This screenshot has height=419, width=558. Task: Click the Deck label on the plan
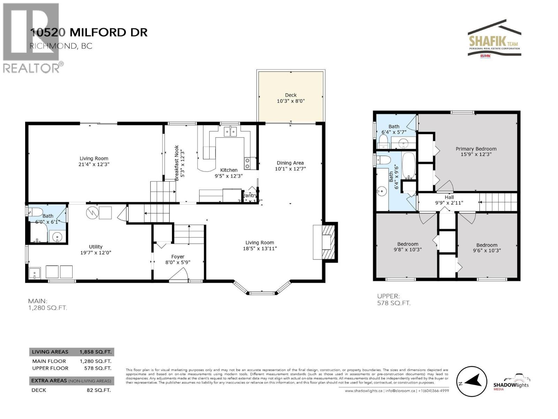click(x=291, y=95)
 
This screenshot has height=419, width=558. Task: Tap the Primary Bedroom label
click(x=476, y=149)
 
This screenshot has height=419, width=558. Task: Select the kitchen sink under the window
click(x=230, y=131)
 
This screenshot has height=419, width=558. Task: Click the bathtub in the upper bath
click(x=408, y=165)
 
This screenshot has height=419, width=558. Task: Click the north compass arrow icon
click(x=472, y=382)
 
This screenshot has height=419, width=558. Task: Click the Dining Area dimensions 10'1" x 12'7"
click(x=290, y=169)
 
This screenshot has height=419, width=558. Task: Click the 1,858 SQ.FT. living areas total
click(x=95, y=352)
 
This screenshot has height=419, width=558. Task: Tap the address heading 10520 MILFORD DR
click(x=89, y=32)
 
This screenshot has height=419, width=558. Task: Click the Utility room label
click(x=96, y=247)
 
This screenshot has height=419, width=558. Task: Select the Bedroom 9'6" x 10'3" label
click(x=487, y=248)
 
